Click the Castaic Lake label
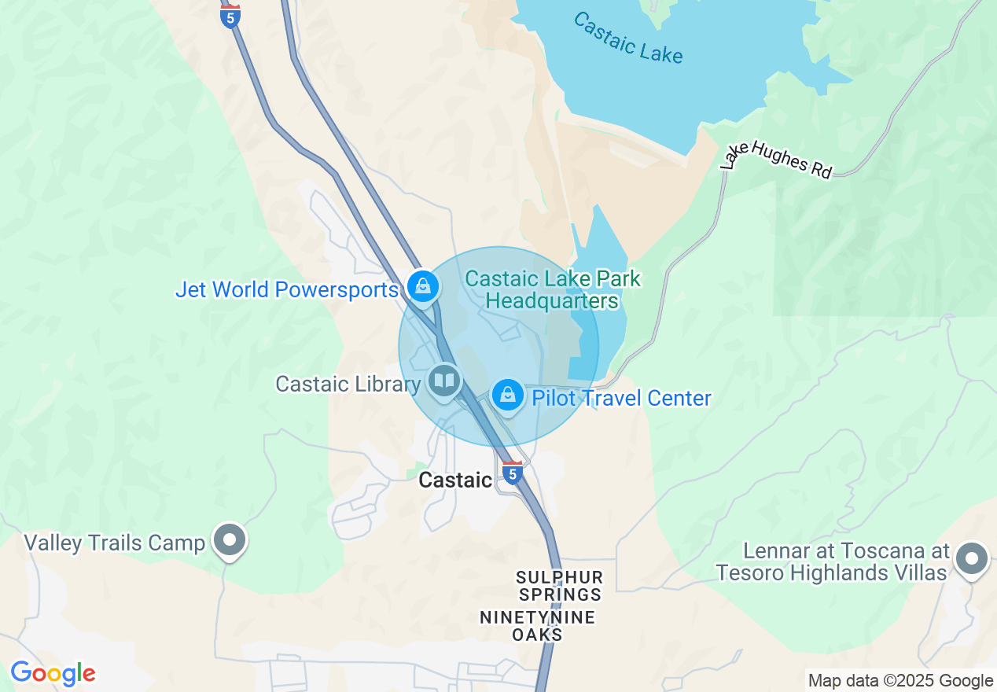click(x=627, y=38)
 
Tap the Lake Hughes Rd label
click(x=776, y=160)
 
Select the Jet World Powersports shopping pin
click(x=423, y=287)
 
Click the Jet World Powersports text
click(x=286, y=289)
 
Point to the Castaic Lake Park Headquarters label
click(x=553, y=289)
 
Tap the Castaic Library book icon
click(x=444, y=382)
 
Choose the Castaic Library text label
click(x=348, y=384)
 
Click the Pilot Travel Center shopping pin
click(x=508, y=395)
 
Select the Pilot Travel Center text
click(x=621, y=398)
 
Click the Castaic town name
click(x=455, y=480)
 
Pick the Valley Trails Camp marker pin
click(x=230, y=541)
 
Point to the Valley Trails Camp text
click(x=114, y=543)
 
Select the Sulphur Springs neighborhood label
click(x=559, y=586)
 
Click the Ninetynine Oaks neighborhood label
click(x=537, y=626)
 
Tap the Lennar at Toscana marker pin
click(x=972, y=559)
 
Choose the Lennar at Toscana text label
click(x=832, y=561)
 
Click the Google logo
click(x=53, y=673)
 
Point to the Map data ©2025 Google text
click(x=900, y=681)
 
